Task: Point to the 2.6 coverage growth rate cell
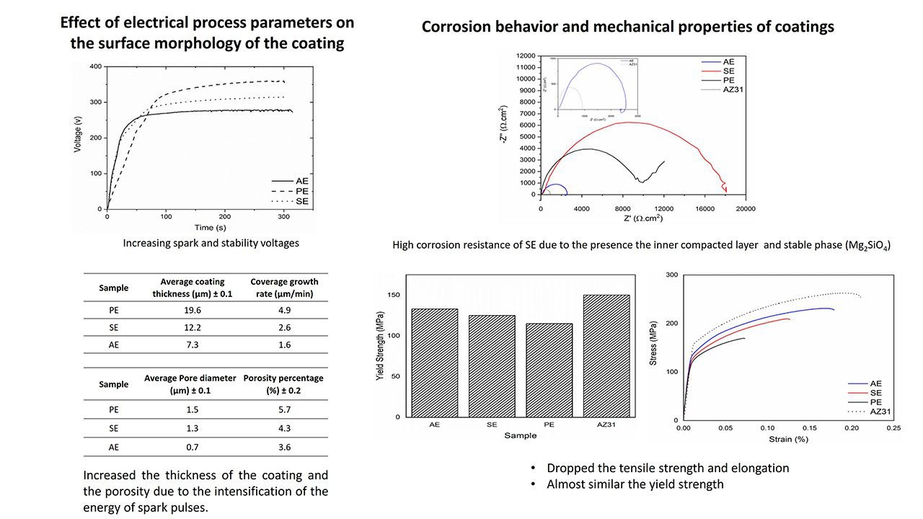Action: tap(284, 327)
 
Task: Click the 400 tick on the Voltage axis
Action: tap(95, 66)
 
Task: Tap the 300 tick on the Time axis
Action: tap(225, 216)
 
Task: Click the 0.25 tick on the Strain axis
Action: tap(893, 428)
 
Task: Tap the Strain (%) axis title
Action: tap(788, 438)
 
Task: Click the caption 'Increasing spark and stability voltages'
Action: tap(211, 243)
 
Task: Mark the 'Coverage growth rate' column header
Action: tap(284, 288)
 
